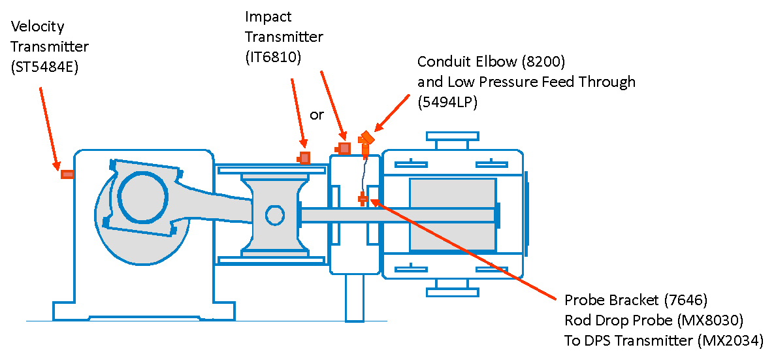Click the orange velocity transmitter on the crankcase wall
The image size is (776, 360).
pyautogui.click(x=67, y=174)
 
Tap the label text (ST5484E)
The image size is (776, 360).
pyautogui.click(x=44, y=67)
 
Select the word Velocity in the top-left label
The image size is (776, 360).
pyautogui.click(x=38, y=27)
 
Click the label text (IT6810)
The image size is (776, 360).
pyautogui.click(x=273, y=57)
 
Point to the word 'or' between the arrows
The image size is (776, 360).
pyautogui.click(x=317, y=115)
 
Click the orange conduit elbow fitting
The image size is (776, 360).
pyautogui.click(x=366, y=139)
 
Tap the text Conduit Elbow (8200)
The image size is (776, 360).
pyautogui.click(x=491, y=62)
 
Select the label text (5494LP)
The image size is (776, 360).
pyautogui.click(x=448, y=101)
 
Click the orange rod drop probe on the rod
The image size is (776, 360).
pyautogui.click(x=363, y=199)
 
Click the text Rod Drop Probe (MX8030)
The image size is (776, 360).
pyautogui.click(x=654, y=320)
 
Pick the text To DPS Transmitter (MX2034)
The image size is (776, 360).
pyautogui.click(x=664, y=340)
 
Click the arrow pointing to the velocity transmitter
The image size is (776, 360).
pyautogui.click(x=49, y=127)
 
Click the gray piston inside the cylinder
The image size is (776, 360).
pyautogui.click(x=451, y=214)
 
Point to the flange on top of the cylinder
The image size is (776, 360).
pyautogui.click(x=452, y=137)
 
